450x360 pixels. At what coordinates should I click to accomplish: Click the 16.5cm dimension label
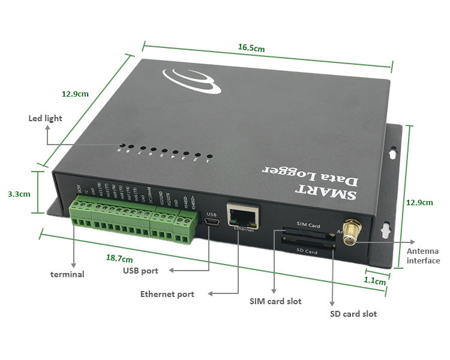(x=251, y=47)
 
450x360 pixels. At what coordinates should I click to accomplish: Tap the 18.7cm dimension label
(x=119, y=259)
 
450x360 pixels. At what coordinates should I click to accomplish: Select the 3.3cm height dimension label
(x=19, y=194)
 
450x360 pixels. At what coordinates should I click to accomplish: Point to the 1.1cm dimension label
(x=376, y=280)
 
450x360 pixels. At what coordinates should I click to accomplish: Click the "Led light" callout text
(x=45, y=118)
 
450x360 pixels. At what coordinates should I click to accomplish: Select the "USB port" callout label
(x=141, y=271)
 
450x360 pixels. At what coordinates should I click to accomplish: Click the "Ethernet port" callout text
(x=167, y=294)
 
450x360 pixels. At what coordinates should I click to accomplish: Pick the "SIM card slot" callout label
(x=275, y=301)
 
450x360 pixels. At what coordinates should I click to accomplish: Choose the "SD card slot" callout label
(x=353, y=314)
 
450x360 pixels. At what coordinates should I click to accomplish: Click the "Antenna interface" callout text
(x=423, y=256)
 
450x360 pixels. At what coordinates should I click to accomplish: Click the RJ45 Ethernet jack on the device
(x=242, y=215)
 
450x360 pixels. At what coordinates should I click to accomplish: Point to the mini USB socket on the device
(x=211, y=224)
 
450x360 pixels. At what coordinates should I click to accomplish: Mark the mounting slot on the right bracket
(x=393, y=154)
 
